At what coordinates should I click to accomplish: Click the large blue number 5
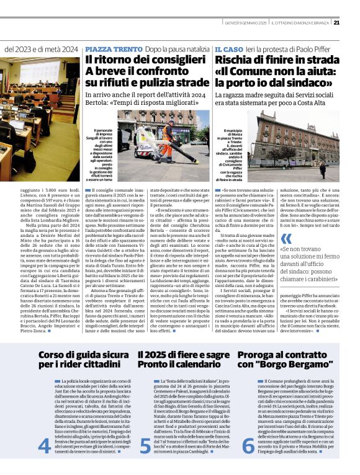click(145, 463)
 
